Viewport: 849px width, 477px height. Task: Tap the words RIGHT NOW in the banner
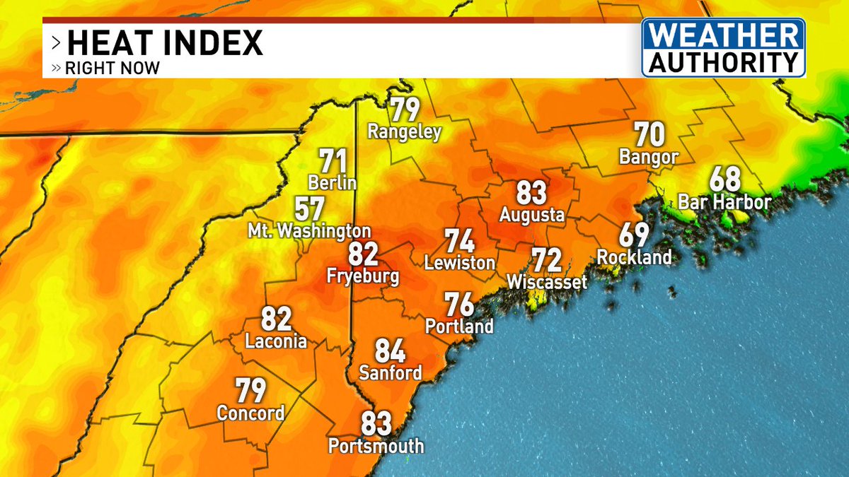[112, 69]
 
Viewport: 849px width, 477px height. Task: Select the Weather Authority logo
[723, 48]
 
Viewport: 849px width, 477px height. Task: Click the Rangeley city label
[404, 131]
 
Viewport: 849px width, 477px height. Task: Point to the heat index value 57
[310, 209]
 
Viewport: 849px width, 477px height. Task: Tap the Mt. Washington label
[309, 231]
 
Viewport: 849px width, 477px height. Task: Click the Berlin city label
[332, 182]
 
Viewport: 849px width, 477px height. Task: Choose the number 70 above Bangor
[649, 134]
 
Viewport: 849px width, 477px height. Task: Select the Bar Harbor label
[724, 202]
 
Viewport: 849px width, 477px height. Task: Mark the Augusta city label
[532, 215]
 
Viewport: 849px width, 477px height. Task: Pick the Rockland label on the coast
[634, 257]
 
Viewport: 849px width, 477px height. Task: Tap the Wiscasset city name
[547, 283]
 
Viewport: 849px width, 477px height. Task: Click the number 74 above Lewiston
[459, 241]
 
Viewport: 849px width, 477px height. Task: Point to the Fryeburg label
[362, 276]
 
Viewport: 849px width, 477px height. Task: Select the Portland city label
[459, 326]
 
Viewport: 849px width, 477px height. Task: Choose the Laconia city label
[276, 342]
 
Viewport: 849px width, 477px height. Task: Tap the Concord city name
[250, 413]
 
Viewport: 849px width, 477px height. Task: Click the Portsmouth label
[376, 447]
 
